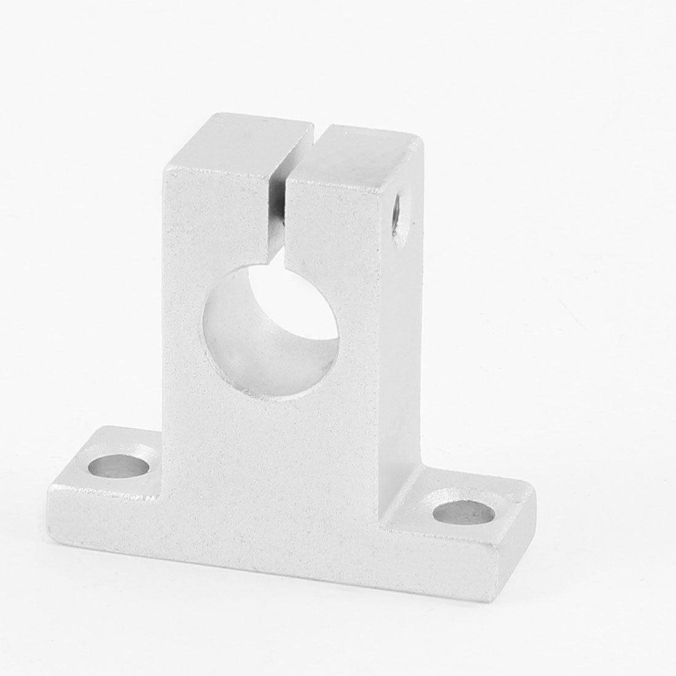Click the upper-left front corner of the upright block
pos(163,172)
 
